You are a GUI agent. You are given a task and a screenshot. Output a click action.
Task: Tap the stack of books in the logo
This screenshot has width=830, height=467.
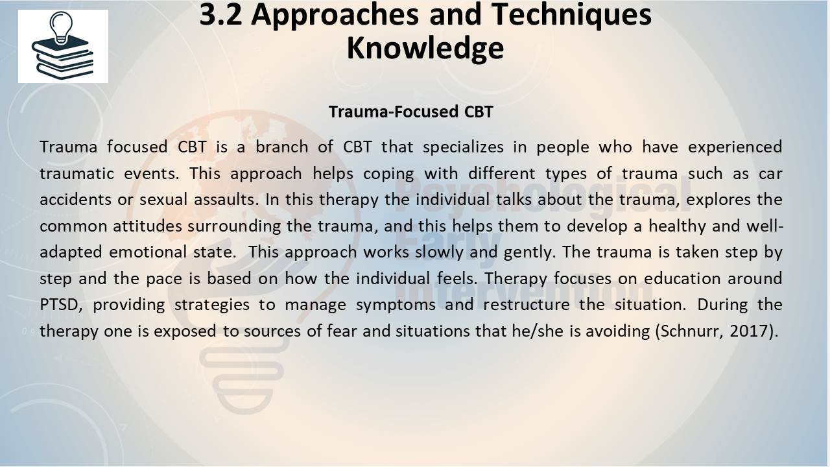click(63, 58)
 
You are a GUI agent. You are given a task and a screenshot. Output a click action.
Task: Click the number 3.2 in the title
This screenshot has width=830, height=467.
click(220, 15)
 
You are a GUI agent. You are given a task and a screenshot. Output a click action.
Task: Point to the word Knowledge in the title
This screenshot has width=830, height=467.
click(425, 49)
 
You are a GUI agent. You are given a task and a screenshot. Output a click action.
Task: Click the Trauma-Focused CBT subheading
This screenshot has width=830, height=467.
click(411, 112)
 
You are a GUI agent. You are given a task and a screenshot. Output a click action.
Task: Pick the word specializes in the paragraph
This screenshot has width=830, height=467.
click(463, 147)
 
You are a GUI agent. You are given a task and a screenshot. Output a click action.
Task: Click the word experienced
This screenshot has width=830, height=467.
click(735, 147)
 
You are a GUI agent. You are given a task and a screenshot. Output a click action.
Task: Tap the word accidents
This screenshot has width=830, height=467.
click(76, 200)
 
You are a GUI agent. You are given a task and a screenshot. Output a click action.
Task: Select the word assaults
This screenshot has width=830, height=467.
click(226, 200)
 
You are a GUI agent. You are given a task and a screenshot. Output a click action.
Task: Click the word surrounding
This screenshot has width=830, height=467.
click(234, 226)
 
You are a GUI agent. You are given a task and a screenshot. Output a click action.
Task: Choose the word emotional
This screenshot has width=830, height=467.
click(147, 252)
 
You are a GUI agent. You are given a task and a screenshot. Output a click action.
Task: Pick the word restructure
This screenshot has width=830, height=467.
click(527, 305)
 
